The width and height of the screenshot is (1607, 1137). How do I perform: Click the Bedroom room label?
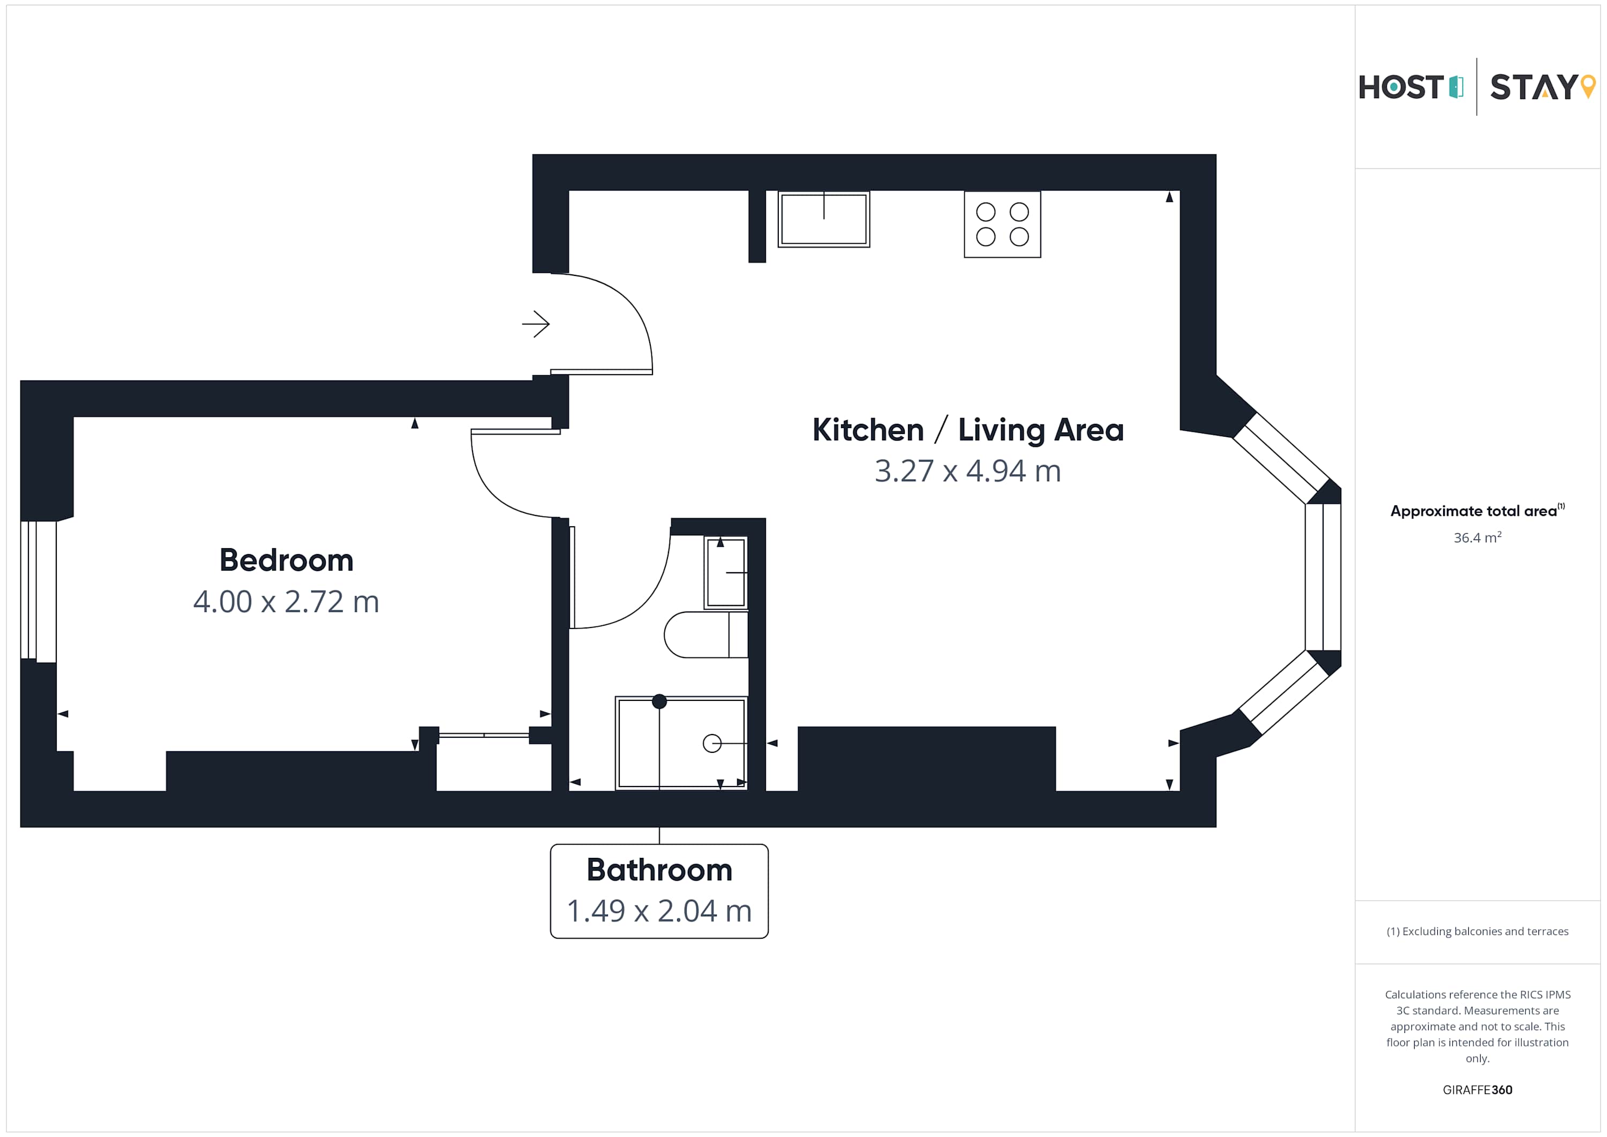pyautogui.click(x=286, y=560)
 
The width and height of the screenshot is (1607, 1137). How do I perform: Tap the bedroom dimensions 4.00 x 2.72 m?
pyautogui.click(x=286, y=601)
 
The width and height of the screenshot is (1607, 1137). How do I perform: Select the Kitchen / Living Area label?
pyautogui.click(x=968, y=430)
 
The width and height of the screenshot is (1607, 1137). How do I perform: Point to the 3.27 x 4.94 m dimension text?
pyautogui.click(x=968, y=471)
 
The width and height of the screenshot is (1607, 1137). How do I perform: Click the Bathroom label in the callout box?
pyautogui.click(x=659, y=870)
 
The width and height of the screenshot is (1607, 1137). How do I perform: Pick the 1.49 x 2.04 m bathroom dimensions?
pyautogui.click(x=659, y=911)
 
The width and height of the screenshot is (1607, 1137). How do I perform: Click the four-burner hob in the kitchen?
pyautogui.click(x=1002, y=224)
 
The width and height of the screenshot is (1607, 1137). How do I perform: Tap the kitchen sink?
pyautogui.click(x=824, y=219)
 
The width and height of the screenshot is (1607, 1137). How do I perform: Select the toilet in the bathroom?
pyautogui.click(x=706, y=635)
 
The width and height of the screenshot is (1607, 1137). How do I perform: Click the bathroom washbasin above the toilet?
pyautogui.click(x=726, y=573)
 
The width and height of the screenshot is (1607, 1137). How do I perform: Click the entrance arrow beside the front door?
pyautogui.click(x=536, y=324)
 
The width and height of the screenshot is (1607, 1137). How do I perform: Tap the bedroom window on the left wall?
pyautogui.click(x=39, y=591)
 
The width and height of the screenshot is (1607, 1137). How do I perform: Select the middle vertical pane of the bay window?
pyautogui.click(x=1323, y=577)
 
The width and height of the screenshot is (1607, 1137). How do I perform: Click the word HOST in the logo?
pyautogui.click(x=1401, y=87)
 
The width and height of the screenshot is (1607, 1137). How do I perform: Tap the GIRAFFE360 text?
pyautogui.click(x=1477, y=1090)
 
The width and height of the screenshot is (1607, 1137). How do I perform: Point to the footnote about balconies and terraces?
pyautogui.click(x=1477, y=931)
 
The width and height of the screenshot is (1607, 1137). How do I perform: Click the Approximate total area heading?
pyautogui.click(x=1477, y=511)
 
